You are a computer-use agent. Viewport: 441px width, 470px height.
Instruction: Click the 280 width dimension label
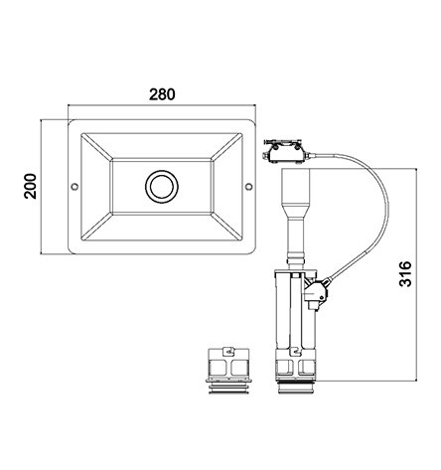(x=162, y=94)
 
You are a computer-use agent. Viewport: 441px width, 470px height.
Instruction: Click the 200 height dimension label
(x=31, y=186)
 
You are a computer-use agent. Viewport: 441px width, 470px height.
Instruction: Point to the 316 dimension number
(x=405, y=274)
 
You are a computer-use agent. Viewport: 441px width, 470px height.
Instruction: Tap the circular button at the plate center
(x=162, y=186)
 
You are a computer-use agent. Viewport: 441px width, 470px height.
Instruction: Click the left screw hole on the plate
(x=74, y=187)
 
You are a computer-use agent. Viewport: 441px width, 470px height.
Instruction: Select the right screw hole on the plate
(x=248, y=187)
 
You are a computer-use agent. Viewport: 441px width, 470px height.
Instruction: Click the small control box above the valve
(x=286, y=152)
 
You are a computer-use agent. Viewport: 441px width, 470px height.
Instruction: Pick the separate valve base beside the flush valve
(x=228, y=371)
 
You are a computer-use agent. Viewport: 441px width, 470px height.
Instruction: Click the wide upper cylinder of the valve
(x=296, y=185)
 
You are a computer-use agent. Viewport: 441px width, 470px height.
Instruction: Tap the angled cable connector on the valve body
(x=317, y=292)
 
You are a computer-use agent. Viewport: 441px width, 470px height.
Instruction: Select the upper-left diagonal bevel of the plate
(x=96, y=147)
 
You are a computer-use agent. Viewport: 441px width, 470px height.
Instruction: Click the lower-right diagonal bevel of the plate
(x=227, y=227)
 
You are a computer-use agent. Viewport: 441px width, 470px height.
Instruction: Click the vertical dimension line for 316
(x=416, y=274)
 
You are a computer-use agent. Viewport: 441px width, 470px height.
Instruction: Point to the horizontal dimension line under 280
(x=162, y=105)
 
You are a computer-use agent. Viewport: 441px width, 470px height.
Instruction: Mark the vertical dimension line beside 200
(x=41, y=187)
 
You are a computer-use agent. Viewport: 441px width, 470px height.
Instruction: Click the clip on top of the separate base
(x=228, y=351)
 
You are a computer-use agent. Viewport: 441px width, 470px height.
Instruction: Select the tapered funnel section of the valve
(x=296, y=210)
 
